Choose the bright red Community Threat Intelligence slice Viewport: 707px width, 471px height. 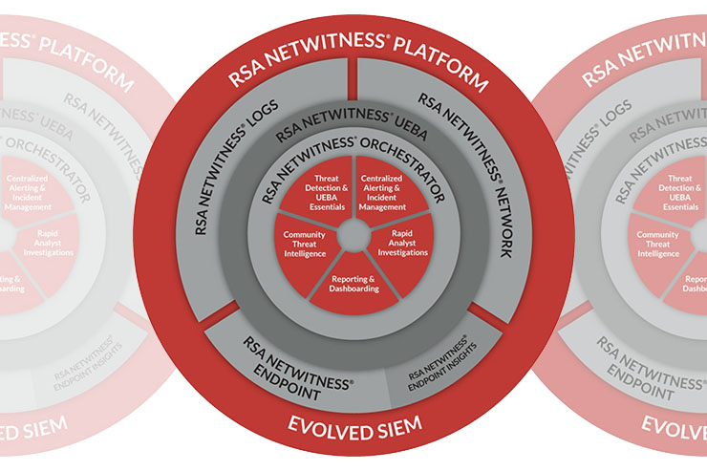click(305, 245)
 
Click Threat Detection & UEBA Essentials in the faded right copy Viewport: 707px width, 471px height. click(678, 191)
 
